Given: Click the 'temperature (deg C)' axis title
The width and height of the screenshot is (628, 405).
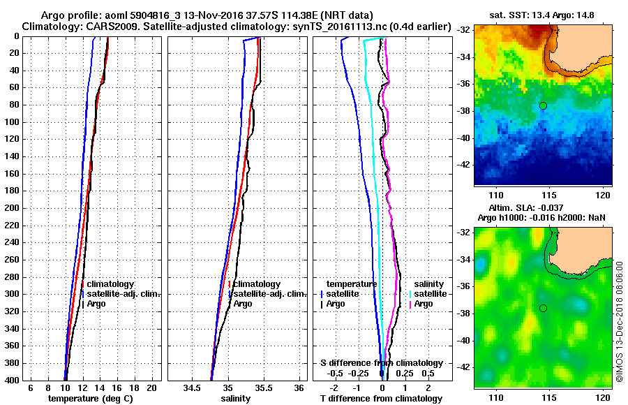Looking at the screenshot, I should click(x=90, y=399).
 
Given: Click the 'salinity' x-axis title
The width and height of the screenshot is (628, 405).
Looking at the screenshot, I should click(x=236, y=399).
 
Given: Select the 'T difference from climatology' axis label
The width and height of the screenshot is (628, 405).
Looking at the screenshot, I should click(x=381, y=399).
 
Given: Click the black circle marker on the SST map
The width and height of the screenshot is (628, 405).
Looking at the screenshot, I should click(x=543, y=105).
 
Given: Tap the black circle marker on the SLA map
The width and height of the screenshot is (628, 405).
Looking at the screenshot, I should click(x=543, y=308).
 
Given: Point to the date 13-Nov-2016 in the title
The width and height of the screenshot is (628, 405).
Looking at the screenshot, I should click(x=212, y=15).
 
